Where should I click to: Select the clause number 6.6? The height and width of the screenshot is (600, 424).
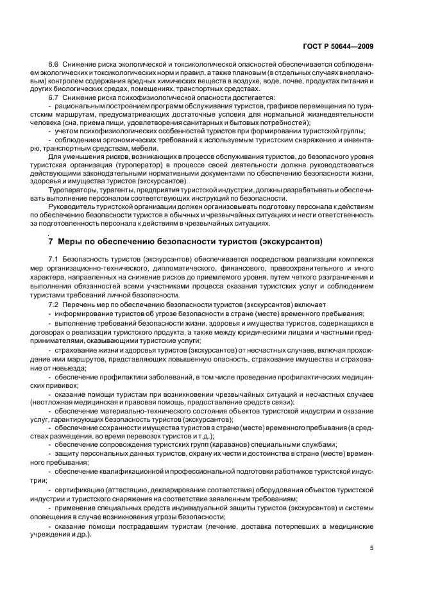click(x=53, y=65)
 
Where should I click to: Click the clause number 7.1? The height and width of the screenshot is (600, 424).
click(x=53, y=257)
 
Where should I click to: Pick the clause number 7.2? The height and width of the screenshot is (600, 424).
click(x=53, y=304)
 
